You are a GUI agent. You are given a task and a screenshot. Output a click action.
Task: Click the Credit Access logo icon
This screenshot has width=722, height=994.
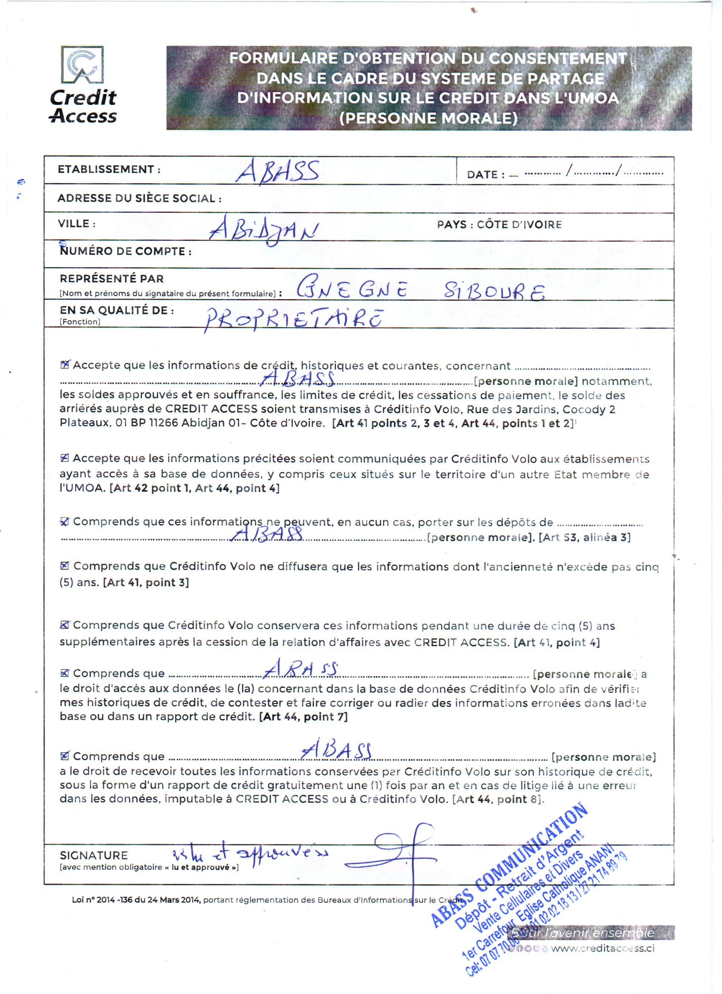point(82,65)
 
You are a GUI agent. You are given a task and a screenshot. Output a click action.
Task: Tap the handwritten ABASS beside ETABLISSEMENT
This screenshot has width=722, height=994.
point(278,171)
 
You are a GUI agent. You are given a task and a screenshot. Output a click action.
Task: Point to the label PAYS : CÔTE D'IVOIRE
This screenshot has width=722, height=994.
point(499,225)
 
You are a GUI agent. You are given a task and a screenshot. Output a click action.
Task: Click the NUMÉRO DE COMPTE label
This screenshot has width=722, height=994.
point(125,251)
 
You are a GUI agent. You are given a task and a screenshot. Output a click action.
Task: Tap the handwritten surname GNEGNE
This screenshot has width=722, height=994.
point(353,289)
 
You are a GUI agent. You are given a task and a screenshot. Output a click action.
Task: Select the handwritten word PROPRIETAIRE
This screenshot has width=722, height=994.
point(294,319)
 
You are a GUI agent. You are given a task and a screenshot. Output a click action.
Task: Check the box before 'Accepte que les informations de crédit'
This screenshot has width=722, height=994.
point(65,364)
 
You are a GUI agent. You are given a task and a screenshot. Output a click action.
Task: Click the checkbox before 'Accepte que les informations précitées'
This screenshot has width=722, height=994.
point(65,458)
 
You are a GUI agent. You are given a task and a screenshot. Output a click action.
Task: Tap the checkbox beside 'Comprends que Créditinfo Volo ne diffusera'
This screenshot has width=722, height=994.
point(65,566)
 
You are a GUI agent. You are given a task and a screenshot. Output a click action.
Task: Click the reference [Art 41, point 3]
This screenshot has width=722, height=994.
point(146,582)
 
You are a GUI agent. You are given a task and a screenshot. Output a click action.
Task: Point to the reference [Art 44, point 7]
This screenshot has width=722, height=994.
point(303,717)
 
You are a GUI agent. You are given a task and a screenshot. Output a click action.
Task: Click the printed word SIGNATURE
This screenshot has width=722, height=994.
point(94,855)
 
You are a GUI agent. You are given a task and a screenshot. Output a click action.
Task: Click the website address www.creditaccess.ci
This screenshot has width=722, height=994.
point(602,948)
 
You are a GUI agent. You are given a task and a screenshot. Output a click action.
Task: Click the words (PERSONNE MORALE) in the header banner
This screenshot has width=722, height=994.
point(429,119)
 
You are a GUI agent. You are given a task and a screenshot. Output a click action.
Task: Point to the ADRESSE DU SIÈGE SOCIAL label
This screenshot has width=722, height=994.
point(139,198)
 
